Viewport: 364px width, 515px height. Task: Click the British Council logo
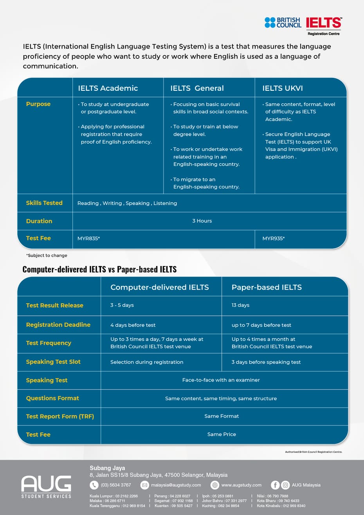pyautogui.click(x=283, y=22)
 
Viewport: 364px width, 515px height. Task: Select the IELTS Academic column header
pyautogui.click(x=108, y=88)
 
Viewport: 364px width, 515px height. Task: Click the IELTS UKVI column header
pyautogui.click(x=282, y=88)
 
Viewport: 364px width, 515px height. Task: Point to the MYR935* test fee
pyautogui.click(x=273, y=238)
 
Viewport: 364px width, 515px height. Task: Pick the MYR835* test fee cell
pyautogui.click(x=88, y=238)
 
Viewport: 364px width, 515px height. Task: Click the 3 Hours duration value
pyautogui.click(x=202, y=221)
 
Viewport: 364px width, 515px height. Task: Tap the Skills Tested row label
pyautogui.click(x=44, y=203)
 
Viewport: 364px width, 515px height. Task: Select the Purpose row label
pyautogui.click(x=38, y=104)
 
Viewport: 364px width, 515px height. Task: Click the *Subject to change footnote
pyautogui.click(x=47, y=255)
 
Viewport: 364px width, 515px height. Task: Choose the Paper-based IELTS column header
pyautogui.click(x=267, y=287)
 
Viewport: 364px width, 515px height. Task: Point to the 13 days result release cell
pyautogui.click(x=240, y=305)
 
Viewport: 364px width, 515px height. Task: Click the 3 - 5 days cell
pyautogui.click(x=122, y=305)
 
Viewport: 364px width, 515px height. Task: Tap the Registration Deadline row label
pyautogui.click(x=58, y=325)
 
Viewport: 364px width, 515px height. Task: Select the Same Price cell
pyautogui.click(x=222, y=434)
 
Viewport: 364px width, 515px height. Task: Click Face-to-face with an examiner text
pyautogui.click(x=221, y=380)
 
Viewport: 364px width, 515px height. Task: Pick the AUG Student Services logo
pyautogui.click(x=46, y=486)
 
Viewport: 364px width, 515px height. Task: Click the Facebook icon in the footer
pyautogui.click(x=275, y=485)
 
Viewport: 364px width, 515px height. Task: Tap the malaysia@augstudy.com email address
pyautogui.click(x=176, y=485)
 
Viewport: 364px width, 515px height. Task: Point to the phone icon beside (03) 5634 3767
pyautogui.click(x=94, y=485)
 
